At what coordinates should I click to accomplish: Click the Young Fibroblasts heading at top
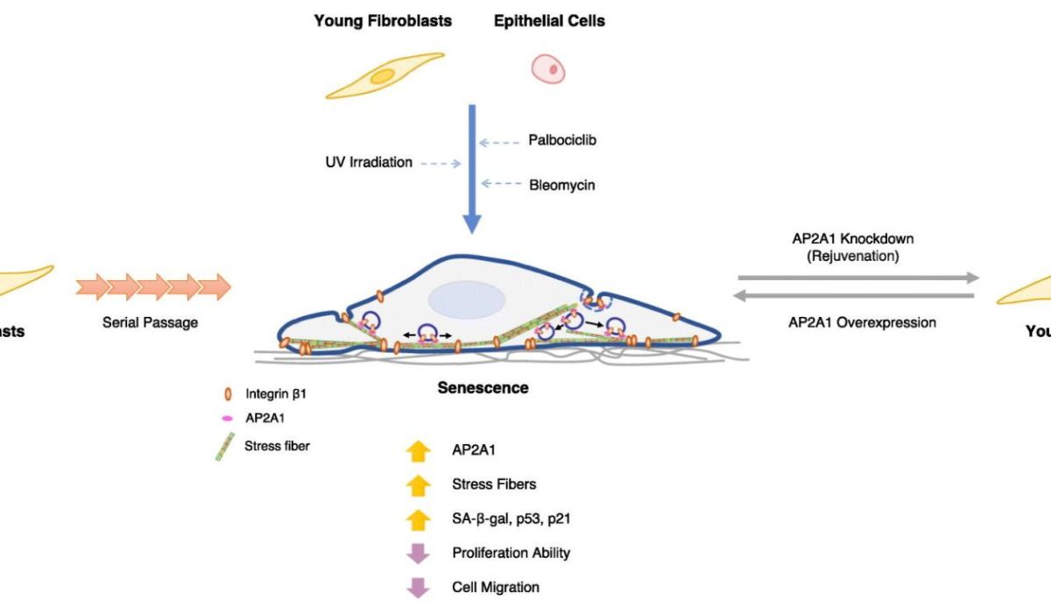coord(383,21)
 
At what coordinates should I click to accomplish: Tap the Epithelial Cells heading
coord(548,21)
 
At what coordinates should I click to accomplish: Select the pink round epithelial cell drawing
coord(548,67)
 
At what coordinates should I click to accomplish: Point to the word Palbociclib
coord(562,140)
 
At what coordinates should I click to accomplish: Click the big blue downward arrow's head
coord(472,222)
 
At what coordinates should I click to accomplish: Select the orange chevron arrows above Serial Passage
coord(153,286)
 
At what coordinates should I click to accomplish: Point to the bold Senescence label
coord(483,387)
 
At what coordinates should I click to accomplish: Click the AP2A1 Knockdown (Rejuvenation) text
coord(853,248)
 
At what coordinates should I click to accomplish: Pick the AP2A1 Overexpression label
coord(861,322)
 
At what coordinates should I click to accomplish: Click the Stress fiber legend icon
coord(224,447)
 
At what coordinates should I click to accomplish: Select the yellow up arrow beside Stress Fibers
coord(420,484)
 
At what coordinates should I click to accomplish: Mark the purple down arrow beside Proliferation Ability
coord(420,553)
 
